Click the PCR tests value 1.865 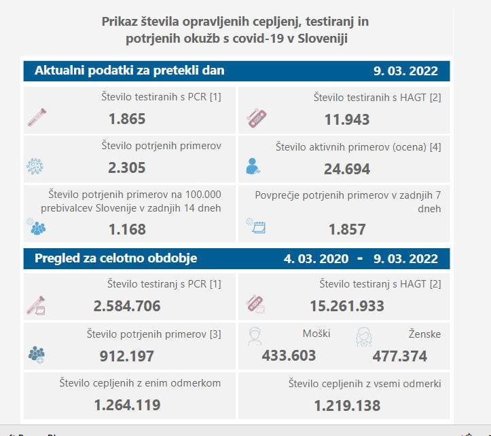(127, 119)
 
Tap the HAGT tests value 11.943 (346, 119)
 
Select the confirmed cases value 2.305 (127, 167)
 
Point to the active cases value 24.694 (346, 167)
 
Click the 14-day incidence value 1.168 (127, 229)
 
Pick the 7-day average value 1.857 (346, 229)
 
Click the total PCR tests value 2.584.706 (127, 306)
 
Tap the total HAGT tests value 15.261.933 (346, 306)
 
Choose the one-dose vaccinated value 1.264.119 (127, 405)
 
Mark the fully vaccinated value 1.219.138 (346, 405)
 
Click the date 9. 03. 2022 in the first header (405, 71)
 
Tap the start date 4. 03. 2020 (316, 259)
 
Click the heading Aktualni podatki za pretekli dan (130, 71)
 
